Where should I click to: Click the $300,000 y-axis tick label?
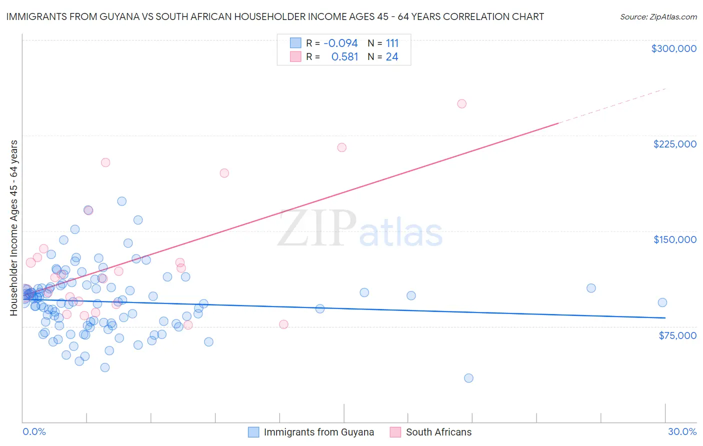coord(673,48)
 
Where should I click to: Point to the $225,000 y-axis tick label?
coord(674,144)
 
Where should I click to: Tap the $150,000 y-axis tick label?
coord(674,239)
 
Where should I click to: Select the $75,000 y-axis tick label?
coord(677,335)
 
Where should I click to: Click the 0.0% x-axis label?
coord(34,432)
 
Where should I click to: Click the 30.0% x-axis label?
coord(682,432)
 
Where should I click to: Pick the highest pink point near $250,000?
coord(462,104)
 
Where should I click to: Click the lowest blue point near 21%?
coord(468,378)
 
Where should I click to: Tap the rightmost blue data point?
coord(662,302)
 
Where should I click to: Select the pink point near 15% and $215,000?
coord(342,147)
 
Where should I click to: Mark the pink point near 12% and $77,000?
coord(283,324)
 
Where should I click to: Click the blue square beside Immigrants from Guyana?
coord(254,432)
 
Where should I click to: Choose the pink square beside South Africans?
coord(395,432)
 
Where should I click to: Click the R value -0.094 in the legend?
coord(340,43)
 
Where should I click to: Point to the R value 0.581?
coord(344,57)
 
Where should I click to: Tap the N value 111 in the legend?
coord(392,43)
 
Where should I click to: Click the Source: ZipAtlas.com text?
coord(658,17)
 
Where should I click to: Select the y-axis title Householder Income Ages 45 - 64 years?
coord(14,228)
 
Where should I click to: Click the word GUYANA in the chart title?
coord(128,17)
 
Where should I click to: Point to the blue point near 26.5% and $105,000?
coord(591,288)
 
